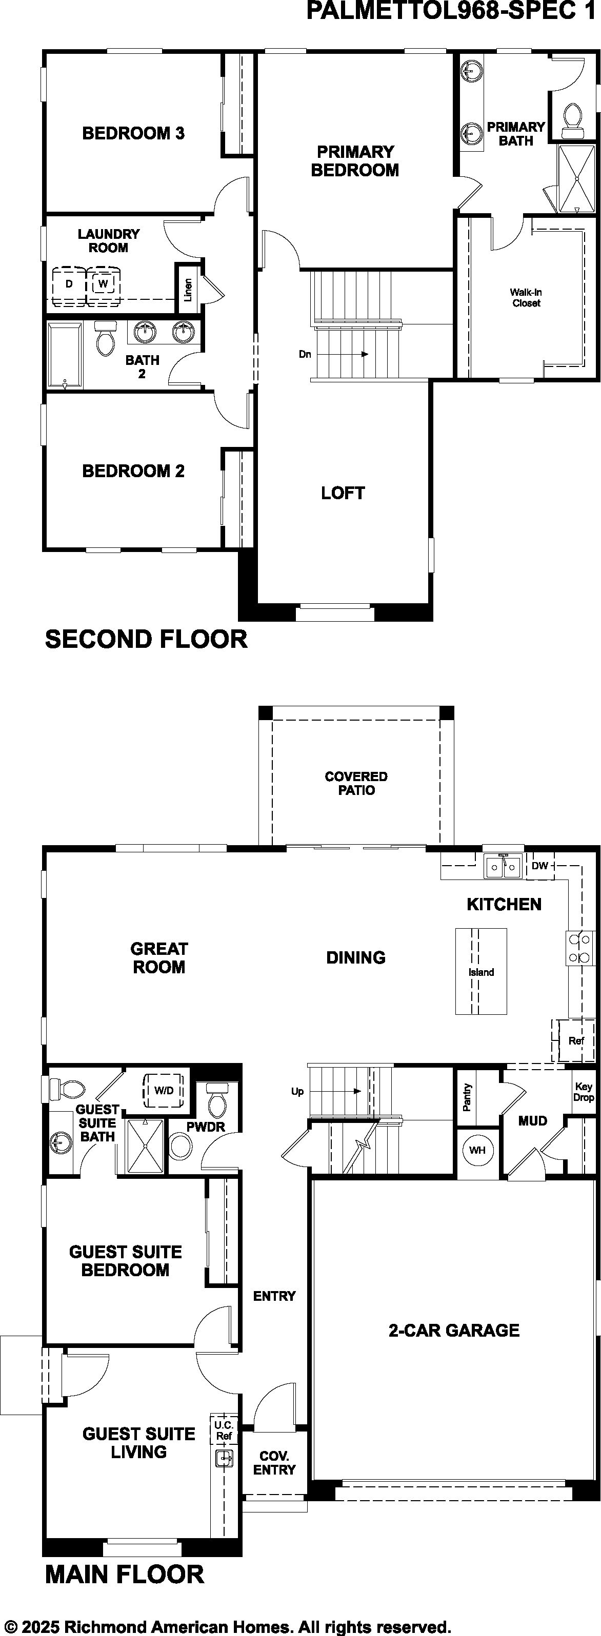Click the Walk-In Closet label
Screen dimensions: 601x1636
526,298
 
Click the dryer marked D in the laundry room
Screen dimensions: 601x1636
69,284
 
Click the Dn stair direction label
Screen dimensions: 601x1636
305,354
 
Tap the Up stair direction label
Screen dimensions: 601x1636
297,1091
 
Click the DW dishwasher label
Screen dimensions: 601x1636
539,866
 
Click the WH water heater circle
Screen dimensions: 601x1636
477,1150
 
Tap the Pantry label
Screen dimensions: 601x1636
467,1097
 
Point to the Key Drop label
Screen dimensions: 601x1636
583,1092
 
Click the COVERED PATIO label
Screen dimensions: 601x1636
356,783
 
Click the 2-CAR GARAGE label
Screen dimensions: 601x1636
454,1330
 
